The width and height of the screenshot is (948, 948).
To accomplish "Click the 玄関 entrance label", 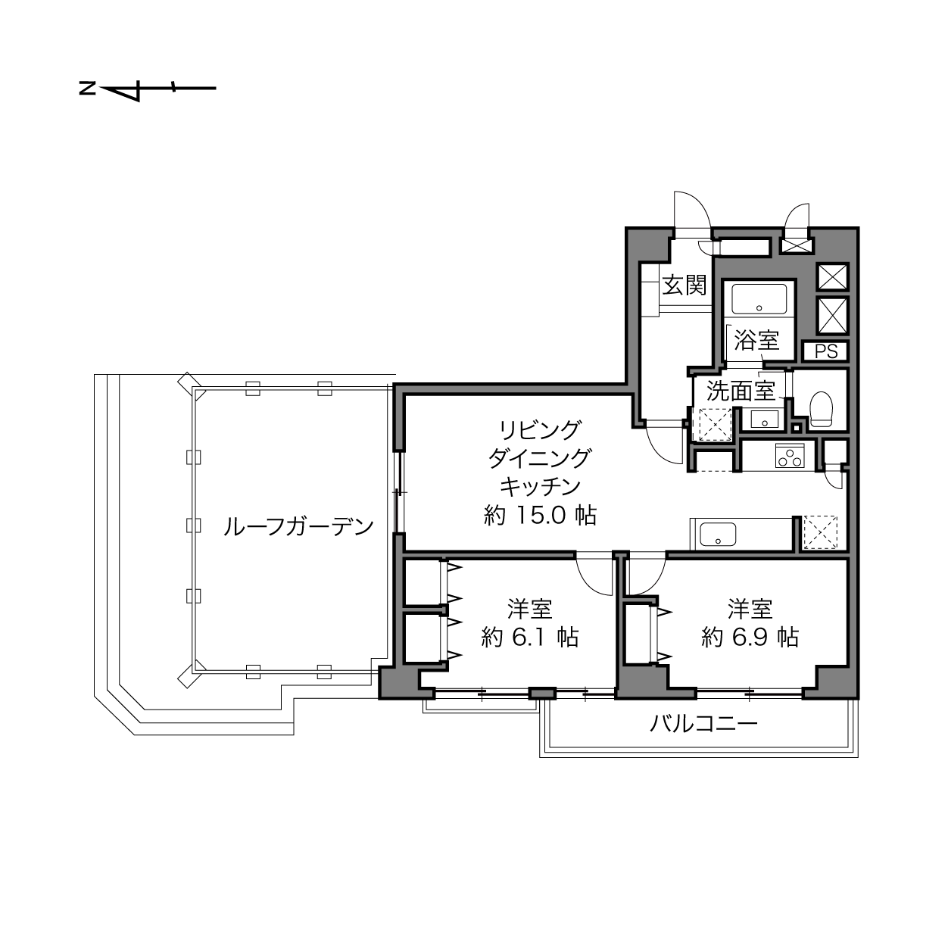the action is coord(684,285).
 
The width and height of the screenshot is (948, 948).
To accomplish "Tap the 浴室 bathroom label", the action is coord(756,340).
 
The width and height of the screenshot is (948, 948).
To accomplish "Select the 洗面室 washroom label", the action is coord(741,391).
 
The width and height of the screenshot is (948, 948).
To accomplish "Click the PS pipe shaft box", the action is coord(826,351).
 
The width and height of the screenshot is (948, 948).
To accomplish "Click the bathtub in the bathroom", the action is coord(759,299).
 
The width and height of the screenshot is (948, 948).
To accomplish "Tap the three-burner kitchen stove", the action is coord(790,456).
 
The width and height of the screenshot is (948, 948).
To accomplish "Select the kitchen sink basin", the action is coord(718,535).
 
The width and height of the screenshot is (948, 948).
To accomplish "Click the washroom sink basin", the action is coord(765,419).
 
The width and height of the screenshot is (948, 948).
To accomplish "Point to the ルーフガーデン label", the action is coord(298,527).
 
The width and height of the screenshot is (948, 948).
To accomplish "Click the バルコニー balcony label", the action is coord(703,724).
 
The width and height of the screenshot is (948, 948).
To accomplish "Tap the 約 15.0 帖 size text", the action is coord(540,516).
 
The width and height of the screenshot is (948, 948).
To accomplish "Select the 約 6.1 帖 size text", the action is coord(530,638).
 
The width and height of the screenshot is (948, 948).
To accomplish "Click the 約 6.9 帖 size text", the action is coord(750,638).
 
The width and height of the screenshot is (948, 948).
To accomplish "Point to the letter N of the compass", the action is coord(88,89).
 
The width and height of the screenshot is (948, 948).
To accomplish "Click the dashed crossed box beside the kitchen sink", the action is coord(819,532).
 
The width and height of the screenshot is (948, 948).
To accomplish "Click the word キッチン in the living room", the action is coord(540,487).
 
